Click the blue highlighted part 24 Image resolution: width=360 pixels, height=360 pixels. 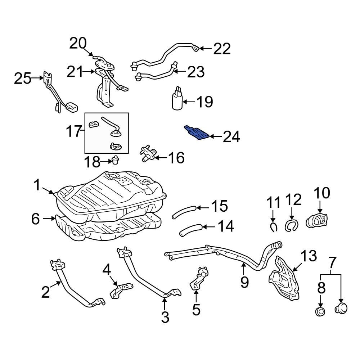coord(197,133)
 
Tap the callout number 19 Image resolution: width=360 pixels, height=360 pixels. coord(204,102)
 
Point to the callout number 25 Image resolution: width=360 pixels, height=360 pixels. coord(23,78)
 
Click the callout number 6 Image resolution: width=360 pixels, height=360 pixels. coord(35,219)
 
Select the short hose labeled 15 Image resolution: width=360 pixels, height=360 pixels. coord(183,212)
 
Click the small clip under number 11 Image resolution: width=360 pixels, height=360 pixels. coord(274,227)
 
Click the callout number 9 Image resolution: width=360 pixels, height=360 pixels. coord(244,282)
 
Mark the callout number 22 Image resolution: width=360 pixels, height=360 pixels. coord(222,49)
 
